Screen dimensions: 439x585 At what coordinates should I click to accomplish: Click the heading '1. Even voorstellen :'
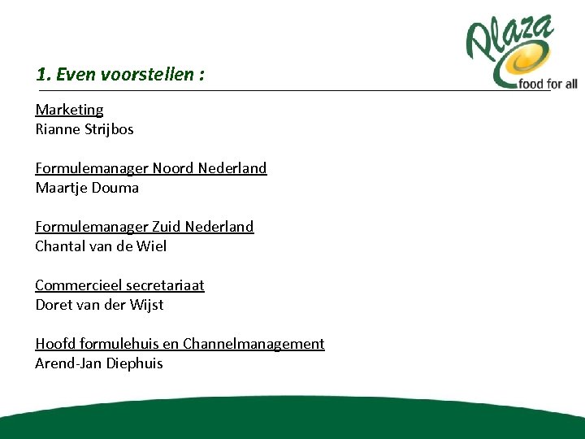pyautogui.click(x=120, y=75)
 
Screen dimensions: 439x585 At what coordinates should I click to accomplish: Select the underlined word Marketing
pyautogui.click(x=69, y=110)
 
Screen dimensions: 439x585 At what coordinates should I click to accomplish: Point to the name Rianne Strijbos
pyautogui.click(x=84, y=129)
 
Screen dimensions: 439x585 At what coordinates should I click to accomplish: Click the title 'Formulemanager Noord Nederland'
pyautogui.click(x=150, y=168)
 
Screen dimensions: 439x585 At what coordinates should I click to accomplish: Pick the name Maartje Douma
pyautogui.click(x=87, y=188)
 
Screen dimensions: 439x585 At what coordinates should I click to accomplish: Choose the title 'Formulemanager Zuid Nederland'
pyautogui.click(x=144, y=227)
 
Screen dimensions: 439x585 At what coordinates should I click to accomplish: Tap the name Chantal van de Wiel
pyautogui.click(x=101, y=246)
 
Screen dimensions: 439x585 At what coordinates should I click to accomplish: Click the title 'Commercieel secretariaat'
pyautogui.click(x=119, y=285)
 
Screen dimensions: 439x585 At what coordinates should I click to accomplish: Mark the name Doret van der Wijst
pyautogui.click(x=99, y=305)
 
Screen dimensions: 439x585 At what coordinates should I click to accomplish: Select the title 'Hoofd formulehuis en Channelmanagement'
pyautogui.click(x=180, y=344)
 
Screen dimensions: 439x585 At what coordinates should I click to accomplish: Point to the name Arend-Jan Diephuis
pyautogui.click(x=99, y=363)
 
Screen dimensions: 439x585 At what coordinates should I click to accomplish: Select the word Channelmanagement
pyautogui.click(x=253, y=344)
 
